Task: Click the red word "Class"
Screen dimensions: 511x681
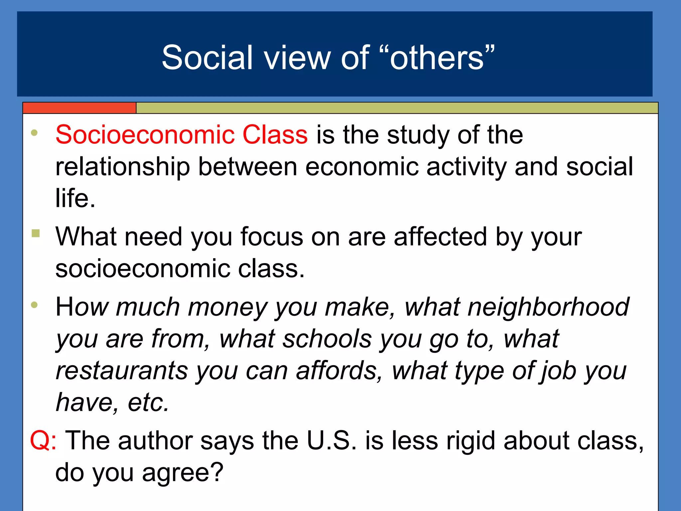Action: [x=275, y=135]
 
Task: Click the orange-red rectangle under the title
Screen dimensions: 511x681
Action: [x=79, y=108]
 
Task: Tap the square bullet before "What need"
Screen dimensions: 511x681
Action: [x=36, y=233]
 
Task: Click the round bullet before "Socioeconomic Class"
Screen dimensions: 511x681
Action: [x=34, y=133]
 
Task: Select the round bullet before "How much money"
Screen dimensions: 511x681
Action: [x=34, y=305]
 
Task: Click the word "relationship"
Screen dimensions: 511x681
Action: [x=123, y=167]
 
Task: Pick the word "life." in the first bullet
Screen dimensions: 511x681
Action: [x=75, y=199]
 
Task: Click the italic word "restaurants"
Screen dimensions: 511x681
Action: [x=122, y=371]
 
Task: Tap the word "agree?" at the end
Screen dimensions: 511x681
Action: [x=183, y=473]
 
